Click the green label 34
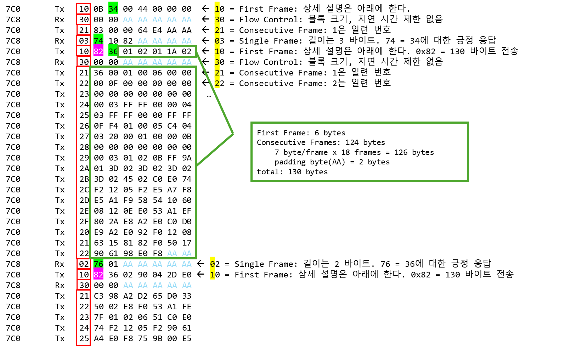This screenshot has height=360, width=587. tap(113, 8)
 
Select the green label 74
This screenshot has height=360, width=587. tap(98, 40)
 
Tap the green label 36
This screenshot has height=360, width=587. tap(113, 51)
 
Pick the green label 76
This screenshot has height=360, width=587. tap(98, 264)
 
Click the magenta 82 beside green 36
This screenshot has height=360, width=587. tap(98, 51)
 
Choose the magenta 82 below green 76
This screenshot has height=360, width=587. tap(98, 274)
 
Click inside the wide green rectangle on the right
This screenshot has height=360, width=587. tap(360, 152)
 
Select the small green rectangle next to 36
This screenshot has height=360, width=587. tap(157, 52)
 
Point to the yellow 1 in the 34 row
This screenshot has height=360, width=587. tap(217, 9)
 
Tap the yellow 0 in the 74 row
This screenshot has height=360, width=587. tap(217, 41)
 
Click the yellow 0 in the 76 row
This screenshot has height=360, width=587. tap(212, 264)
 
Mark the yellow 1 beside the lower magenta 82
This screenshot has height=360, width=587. tap(212, 275)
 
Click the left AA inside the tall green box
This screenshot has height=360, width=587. tap(172, 253)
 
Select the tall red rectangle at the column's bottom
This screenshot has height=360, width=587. tap(83, 317)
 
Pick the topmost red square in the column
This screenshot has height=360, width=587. tap(83, 9)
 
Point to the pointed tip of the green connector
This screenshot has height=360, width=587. tap(233, 134)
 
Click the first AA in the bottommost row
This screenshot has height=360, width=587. tap(128, 285)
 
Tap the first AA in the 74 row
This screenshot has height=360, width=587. tap(142, 41)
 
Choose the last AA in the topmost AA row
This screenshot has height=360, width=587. tap(187, 19)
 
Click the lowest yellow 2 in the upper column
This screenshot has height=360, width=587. tap(217, 84)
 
